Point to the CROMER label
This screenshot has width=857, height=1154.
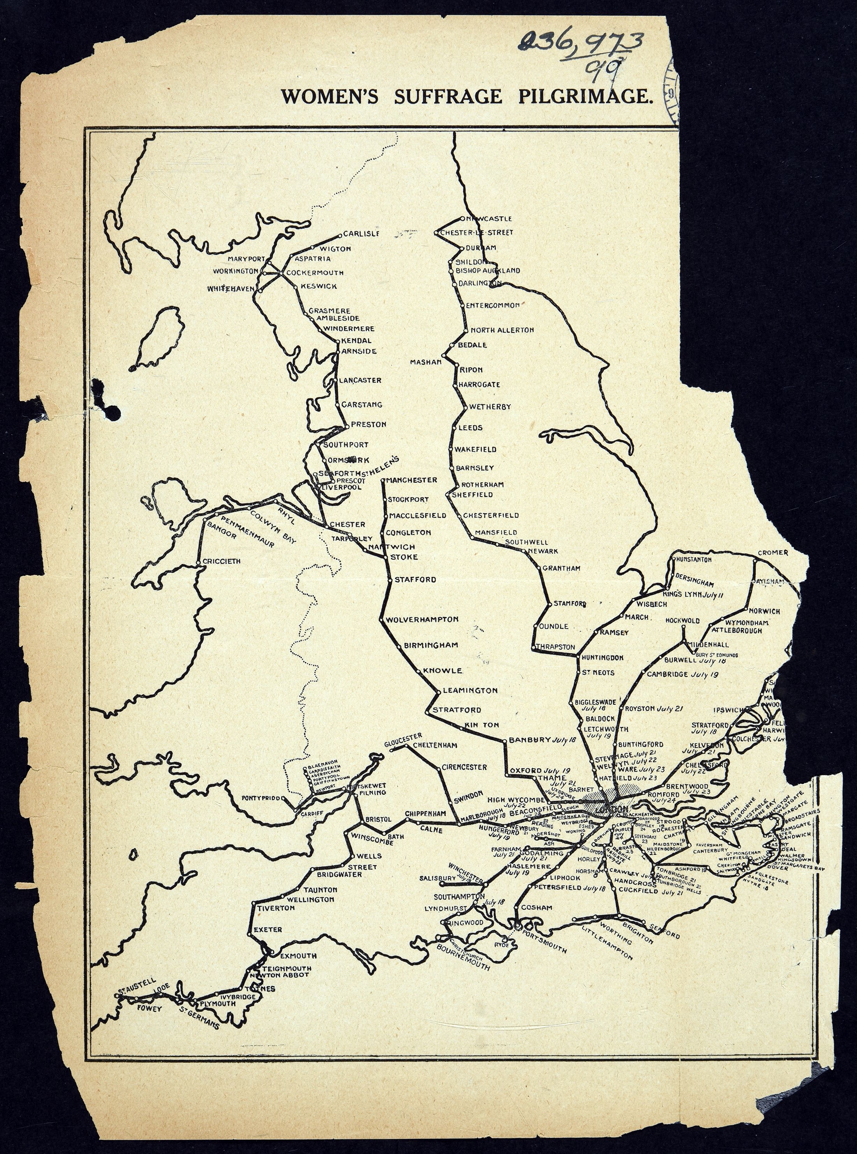coord(772,553)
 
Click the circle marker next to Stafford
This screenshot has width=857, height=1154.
coord(390,579)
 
